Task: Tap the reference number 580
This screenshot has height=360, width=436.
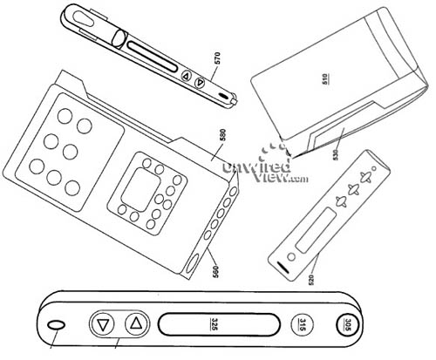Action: point(223,136)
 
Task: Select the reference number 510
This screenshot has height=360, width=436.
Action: point(326,78)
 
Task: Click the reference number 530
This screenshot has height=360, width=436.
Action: point(336,155)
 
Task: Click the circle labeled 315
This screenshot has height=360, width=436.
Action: point(303,324)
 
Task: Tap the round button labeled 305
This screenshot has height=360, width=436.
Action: point(348,324)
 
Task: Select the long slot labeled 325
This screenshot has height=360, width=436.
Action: point(219,324)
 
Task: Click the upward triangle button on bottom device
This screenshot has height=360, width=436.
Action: point(136,323)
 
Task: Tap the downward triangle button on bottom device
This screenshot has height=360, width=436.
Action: point(102,324)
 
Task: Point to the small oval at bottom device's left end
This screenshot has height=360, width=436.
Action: point(56,325)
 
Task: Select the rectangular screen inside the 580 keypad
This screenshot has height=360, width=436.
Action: point(140,189)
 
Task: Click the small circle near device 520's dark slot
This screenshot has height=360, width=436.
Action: point(291,257)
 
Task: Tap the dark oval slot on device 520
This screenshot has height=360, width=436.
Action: point(283,268)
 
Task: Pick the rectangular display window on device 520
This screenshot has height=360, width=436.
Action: point(315,230)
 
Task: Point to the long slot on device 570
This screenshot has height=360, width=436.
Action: point(152,57)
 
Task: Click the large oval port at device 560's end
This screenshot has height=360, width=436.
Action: point(191,263)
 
